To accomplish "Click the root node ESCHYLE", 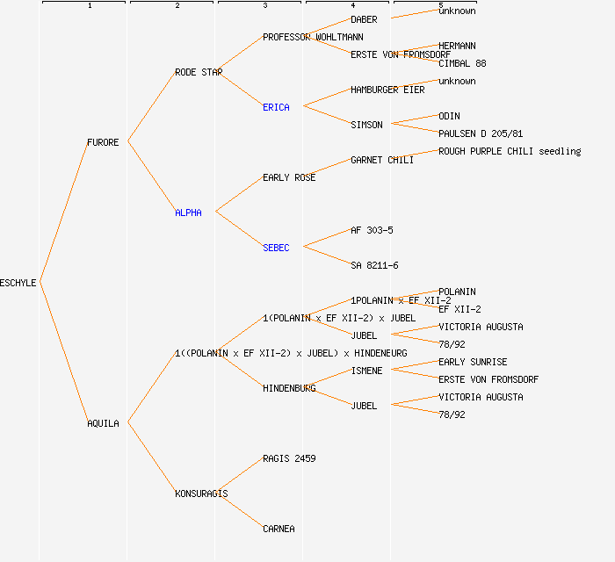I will [x=18, y=283].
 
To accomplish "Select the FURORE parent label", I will [x=103, y=142].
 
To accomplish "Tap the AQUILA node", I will [x=103, y=423].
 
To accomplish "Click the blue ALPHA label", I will [x=188, y=213].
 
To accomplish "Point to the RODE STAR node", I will [x=199, y=72].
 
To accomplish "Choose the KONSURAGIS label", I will [x=201, y=494].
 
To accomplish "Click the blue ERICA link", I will [x=276, y=107].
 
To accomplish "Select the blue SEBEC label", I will [x=276, y=248].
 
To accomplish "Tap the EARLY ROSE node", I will [x=289, y=177].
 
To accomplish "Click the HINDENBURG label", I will [x=289, y=388].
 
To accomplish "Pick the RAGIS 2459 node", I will [x=289, y=458].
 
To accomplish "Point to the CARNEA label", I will [x=279, y=529].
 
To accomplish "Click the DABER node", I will [x=364, y=19].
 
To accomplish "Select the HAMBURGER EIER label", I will [x=387, y=90].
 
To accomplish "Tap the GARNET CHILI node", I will [x=382, y=160].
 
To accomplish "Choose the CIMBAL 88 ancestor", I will [x=462, y=63].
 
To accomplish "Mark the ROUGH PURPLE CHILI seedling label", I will [x=510, y=151].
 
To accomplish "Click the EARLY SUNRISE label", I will [x=473, y=362].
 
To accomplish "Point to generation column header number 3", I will [x=264, y=6].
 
